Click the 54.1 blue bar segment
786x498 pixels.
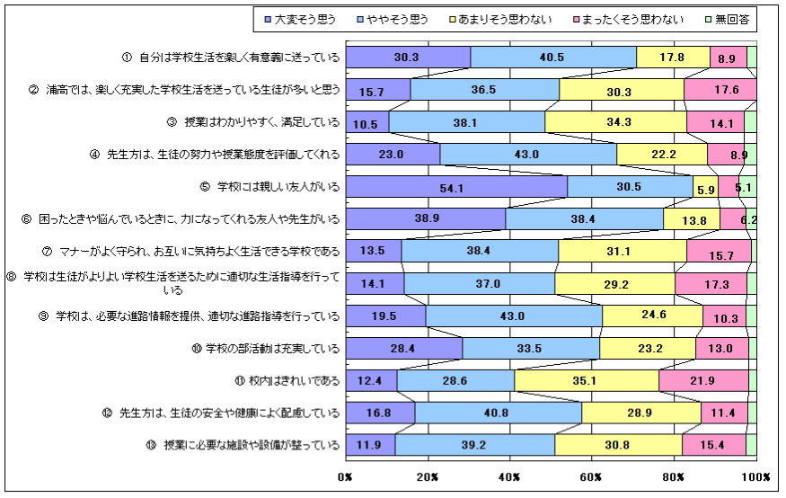(456, 186)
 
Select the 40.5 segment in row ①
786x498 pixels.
(553, 57)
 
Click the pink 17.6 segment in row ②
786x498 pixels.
(720, 89)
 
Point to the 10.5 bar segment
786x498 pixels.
(367, 121)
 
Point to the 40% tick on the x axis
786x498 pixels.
(510, 476)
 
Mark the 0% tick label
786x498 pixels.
(346, 476)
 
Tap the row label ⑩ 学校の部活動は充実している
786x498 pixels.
(272, 348)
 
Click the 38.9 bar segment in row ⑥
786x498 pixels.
(426, 218)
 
